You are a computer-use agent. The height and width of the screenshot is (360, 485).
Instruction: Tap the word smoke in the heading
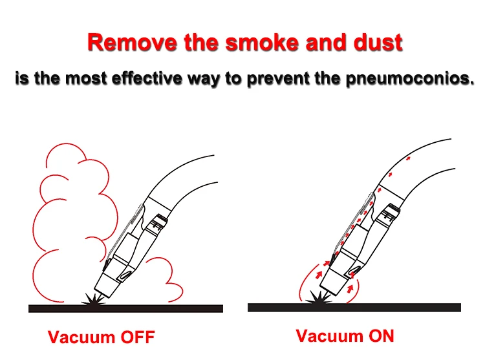[262, 42]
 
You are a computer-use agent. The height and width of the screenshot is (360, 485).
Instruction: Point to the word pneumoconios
[410, 79]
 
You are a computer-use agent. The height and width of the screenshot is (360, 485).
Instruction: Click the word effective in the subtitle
[147, 78]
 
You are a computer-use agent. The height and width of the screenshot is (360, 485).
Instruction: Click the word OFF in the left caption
[137, 337]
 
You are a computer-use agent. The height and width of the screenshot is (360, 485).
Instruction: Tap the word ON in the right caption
[382, 335]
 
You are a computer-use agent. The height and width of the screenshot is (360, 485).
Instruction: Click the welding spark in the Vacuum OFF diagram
[92, 300]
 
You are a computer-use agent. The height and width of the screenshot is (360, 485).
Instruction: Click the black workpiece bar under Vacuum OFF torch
[125, 308]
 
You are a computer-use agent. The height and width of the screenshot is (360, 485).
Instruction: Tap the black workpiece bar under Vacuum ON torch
[354, 307]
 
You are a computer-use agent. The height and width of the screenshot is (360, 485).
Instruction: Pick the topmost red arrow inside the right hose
[408, 158]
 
